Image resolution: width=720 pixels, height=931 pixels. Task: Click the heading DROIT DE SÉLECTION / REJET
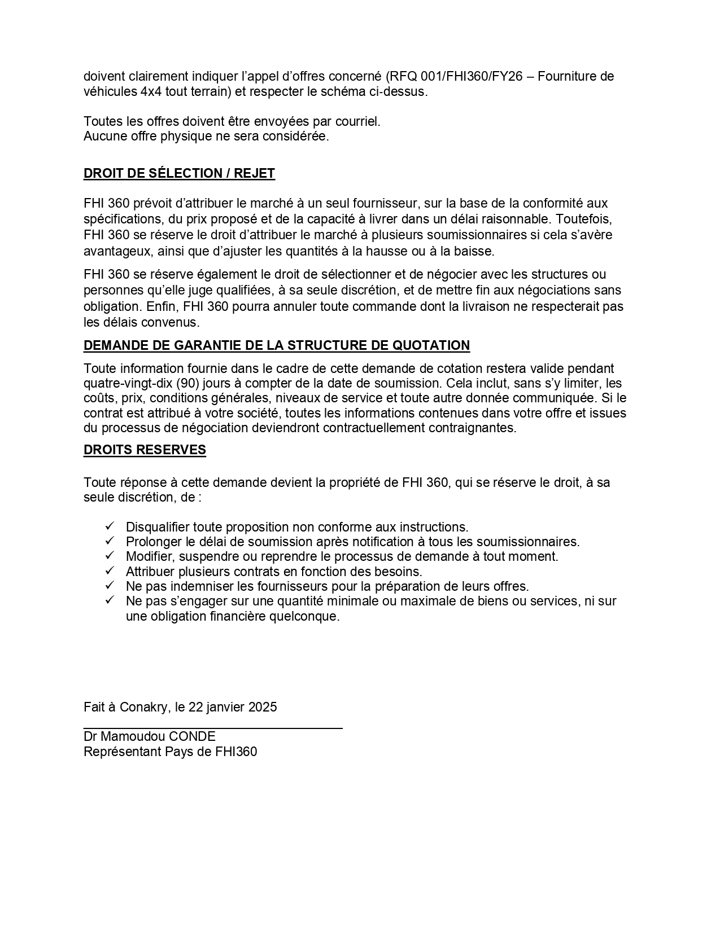(179, 173)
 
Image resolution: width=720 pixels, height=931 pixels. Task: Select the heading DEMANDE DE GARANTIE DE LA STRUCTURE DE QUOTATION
(276, 345)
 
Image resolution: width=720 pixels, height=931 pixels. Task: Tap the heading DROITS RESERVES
(145, 450)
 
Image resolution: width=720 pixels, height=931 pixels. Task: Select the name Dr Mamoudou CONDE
(150, 736)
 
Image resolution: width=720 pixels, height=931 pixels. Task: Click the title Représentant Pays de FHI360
(170, 752)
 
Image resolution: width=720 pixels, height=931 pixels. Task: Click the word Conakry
(143, 707)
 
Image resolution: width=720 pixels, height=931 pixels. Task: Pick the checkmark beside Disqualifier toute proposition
(110, 526)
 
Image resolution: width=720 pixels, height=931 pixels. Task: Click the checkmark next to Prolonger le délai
(110, 541)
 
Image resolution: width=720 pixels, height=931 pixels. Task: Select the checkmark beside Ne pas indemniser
(110, 586)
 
